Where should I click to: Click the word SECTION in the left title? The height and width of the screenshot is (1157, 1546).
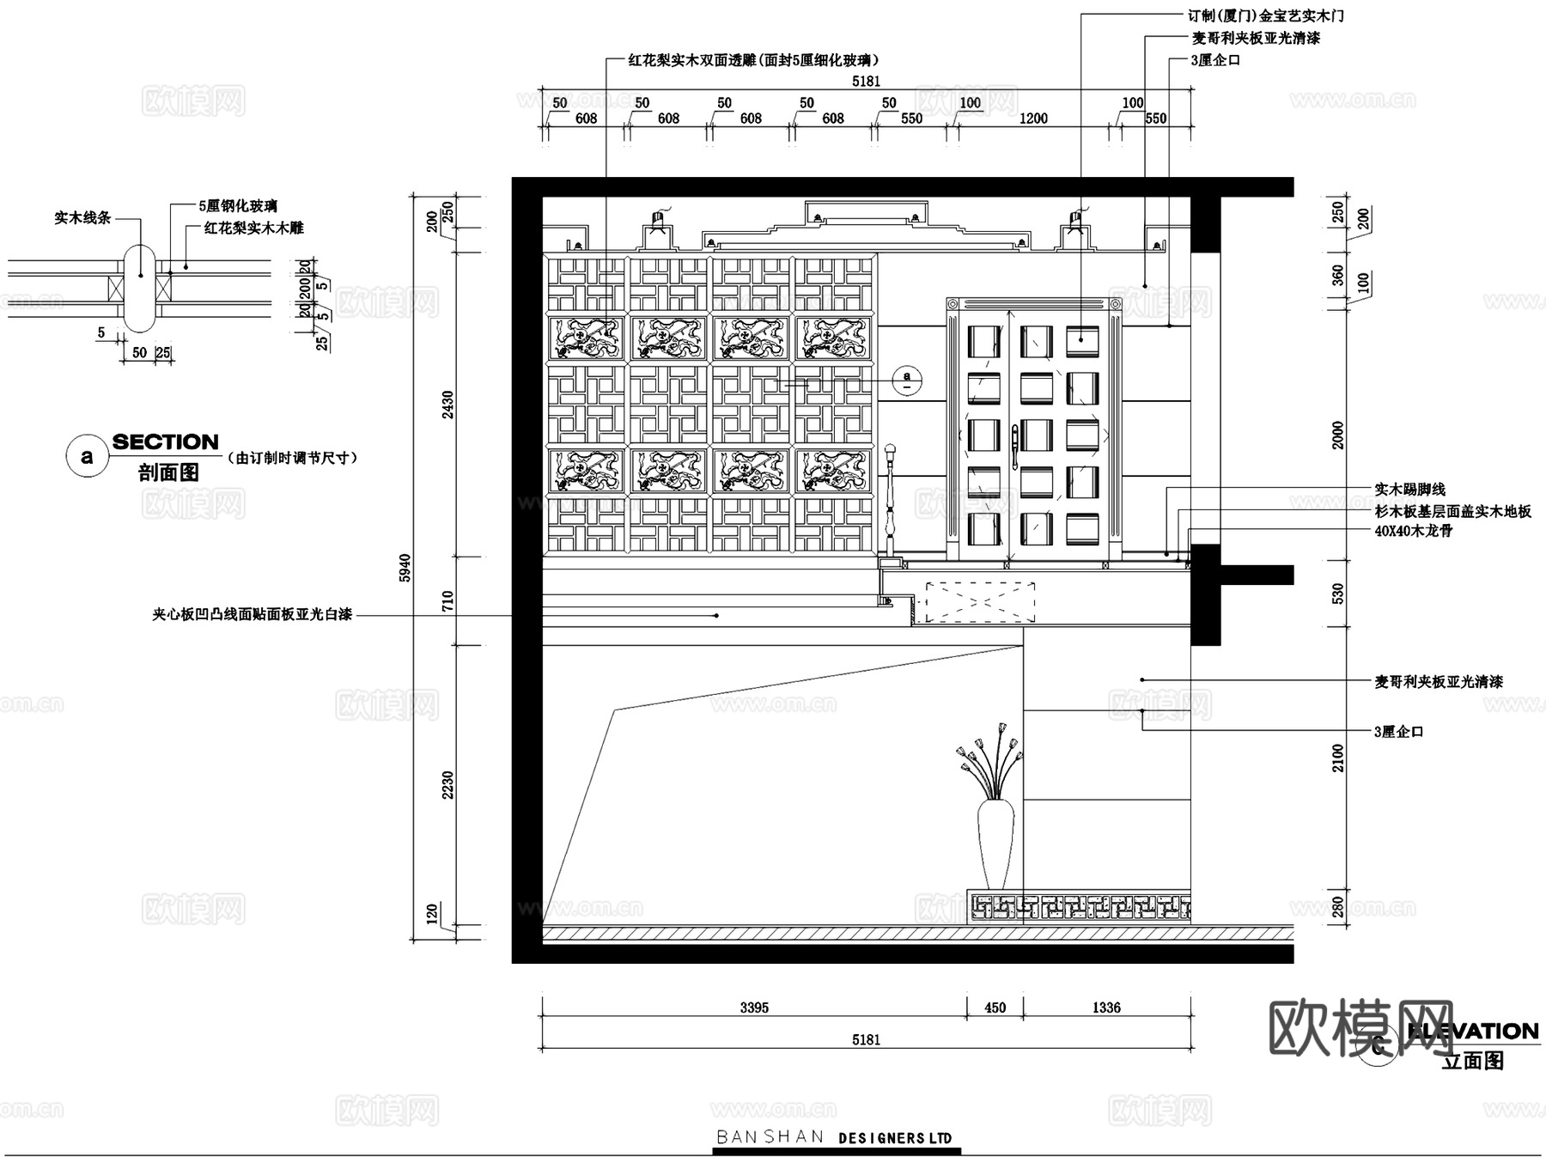166,442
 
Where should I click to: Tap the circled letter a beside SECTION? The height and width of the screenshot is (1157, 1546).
87,456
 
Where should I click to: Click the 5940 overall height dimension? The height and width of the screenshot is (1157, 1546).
405,568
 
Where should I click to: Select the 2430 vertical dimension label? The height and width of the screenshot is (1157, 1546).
447,405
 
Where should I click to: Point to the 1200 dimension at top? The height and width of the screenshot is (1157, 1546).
1033,119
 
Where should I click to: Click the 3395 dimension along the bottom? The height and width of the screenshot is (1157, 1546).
754,1008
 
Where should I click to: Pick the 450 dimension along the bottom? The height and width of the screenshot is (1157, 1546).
995,1008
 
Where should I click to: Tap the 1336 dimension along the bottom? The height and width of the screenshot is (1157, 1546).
1106,1008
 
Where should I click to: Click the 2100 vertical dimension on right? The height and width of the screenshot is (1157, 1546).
1338,758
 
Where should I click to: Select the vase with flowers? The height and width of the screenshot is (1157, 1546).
995,816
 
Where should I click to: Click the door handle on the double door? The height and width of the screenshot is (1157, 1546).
1013,444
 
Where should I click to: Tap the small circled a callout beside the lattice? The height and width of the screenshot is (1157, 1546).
907,378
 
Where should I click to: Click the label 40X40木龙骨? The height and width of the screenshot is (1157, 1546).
1413,531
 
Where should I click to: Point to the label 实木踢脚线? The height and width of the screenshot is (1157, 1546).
1409,490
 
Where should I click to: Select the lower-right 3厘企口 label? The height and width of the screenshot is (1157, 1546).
1399,732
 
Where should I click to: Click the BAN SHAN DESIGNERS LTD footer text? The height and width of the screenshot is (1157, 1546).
834,1137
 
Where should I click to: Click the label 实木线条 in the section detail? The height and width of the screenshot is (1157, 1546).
82,218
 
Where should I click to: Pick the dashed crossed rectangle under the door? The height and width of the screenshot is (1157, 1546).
979,602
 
